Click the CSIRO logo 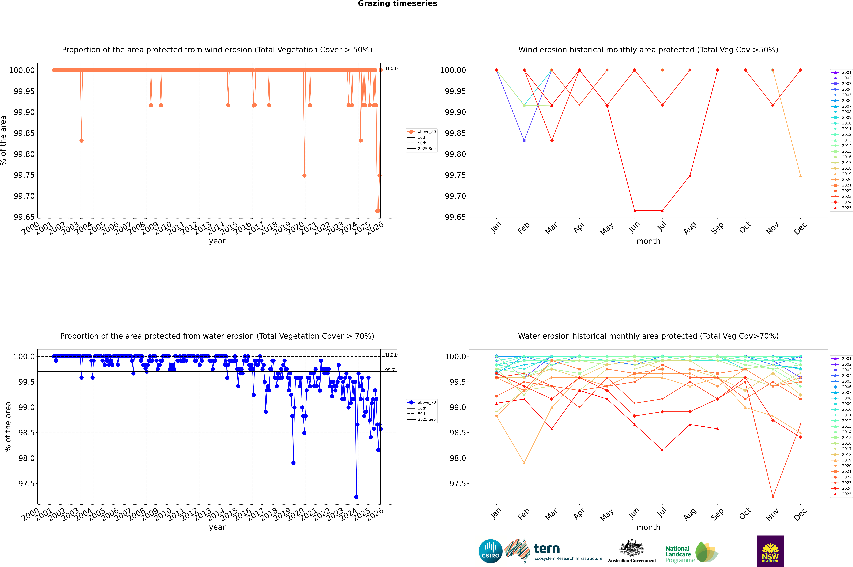(x=490, y=551)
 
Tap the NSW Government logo (x=770, y=551)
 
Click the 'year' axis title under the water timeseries (x=217, y=527)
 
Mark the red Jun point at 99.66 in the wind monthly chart (x=635, y=211)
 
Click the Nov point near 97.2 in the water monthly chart (x=773, y=497)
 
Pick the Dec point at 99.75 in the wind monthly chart (x=800, y=176)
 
